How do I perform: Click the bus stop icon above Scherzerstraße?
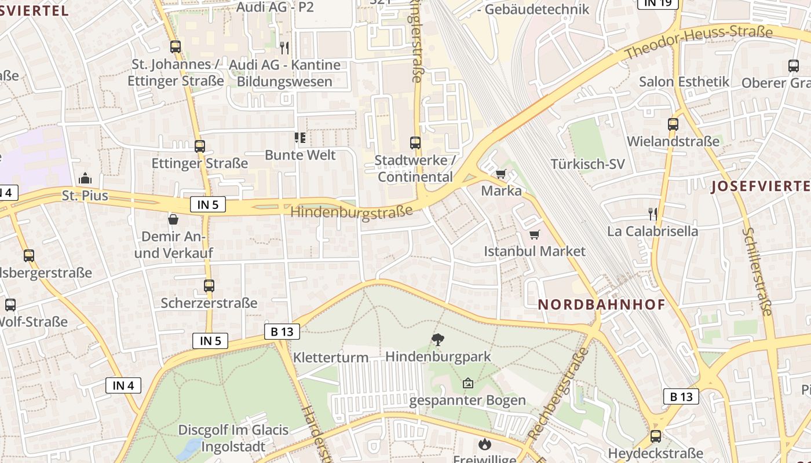point(209,285)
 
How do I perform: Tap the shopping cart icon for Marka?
point(501,174)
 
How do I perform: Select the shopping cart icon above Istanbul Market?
point(535,234)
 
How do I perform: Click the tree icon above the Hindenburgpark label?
point(438,340)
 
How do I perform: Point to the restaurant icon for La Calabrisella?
point(653,214)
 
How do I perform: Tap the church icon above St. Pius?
point(85,178)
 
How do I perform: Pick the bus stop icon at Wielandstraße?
point(673,124)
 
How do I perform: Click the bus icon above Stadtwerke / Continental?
point(415,142)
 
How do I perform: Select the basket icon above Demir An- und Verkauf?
point(173,219)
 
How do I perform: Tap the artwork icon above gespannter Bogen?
point(467,383)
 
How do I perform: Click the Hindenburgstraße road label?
point(352,211)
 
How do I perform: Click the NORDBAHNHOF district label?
point(601,304)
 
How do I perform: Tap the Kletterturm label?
point(331,357)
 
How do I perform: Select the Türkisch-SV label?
point(587,164)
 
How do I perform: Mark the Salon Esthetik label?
point(684,82)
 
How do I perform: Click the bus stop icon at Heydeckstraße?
point(655,436)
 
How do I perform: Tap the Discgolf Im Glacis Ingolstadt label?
point(233,438)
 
